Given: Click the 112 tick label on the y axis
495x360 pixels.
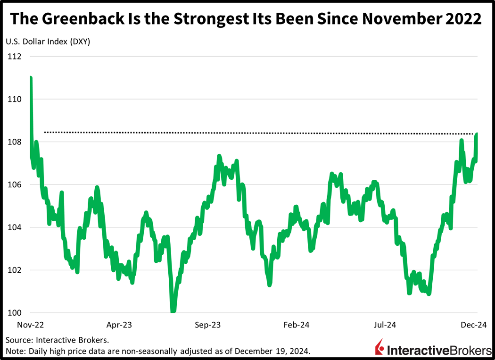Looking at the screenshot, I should coord(14,57).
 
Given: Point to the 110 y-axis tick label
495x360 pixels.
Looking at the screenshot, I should coord(14,100).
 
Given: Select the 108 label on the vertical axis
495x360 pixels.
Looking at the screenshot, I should coord(14,142).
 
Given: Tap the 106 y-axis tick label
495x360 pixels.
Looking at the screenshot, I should coord(14,185).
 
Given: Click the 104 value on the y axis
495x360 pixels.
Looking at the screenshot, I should coord(14,227).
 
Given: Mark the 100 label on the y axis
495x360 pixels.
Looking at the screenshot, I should coord(14,313).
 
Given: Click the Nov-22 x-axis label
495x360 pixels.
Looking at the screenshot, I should coord(31,325).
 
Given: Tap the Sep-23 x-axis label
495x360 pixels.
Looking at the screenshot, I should coord(208,325).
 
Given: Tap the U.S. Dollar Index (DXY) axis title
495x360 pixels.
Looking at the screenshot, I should coord(48,41).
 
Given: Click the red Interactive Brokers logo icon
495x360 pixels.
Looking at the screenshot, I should coord(379,349).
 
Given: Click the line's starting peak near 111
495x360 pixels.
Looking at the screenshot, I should coord(31,78).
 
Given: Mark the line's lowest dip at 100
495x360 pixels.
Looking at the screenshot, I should coord(173,311).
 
